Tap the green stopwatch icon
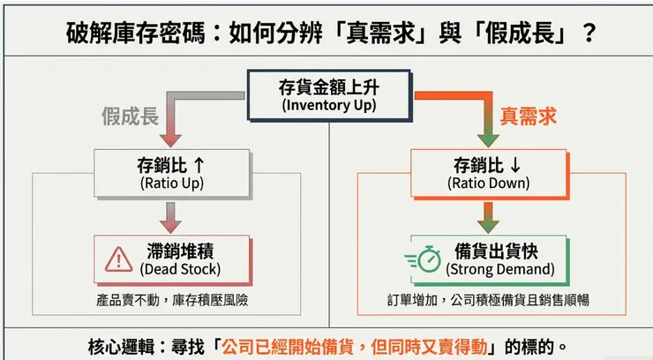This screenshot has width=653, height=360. (x=428, y=259)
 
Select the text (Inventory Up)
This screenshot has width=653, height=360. (x=328, y=105)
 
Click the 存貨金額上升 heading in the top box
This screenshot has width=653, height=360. (x=328, y=86)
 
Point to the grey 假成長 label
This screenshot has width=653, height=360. (x=131, y=116)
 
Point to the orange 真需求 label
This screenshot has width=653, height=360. (x=529, y=116)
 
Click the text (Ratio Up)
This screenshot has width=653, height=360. (x=172, y=184)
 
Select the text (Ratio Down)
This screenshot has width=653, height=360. (x=489, y=184)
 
